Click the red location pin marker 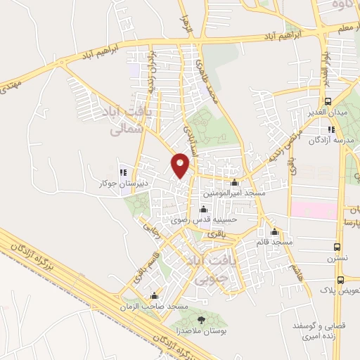tap(181, 165)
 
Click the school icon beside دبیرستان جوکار tap(123, 172)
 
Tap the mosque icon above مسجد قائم tap(274, 232)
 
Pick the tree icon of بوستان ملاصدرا tap(202, 320)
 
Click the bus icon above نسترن tap(337, 247)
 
